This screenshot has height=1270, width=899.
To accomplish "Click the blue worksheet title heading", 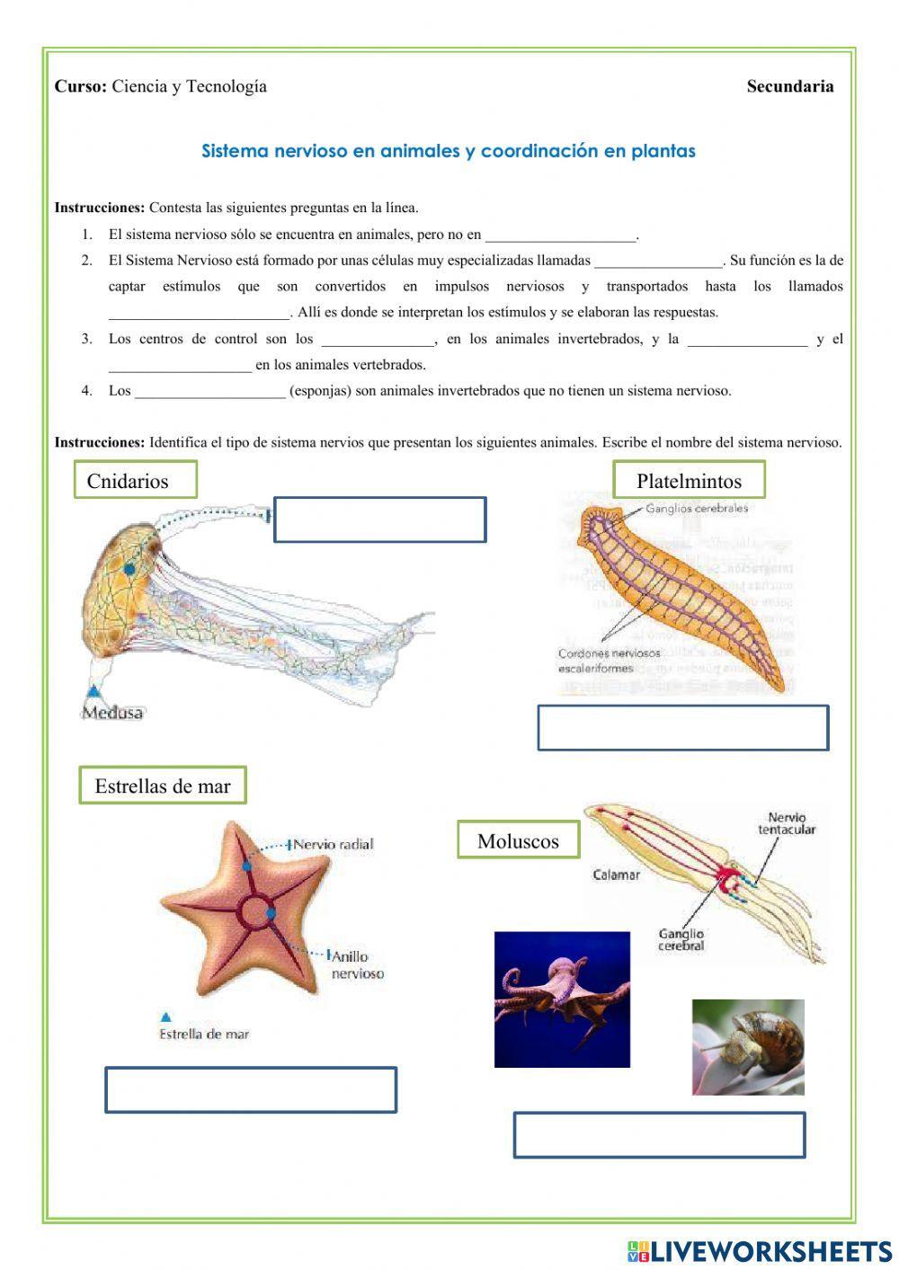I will [x=448, y=151].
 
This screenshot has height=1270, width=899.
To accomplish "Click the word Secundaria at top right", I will [x=789, y=86].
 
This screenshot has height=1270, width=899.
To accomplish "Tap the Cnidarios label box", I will [x=135, y=480].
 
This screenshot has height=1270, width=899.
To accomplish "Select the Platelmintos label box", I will [x=689, y=480].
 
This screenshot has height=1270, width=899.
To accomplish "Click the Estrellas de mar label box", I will [x=162, y=786].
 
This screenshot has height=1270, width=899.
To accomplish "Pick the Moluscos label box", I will [x=518, y=841].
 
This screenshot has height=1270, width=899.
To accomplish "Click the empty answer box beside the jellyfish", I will [x=379, y=520].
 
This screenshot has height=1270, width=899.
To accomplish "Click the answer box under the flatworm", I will [x=682, y=728].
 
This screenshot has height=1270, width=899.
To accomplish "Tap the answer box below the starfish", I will [x=251, y=1089].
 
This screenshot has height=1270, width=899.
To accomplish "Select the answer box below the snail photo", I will [x=659, y=1135].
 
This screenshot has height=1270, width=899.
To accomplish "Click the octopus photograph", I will [x=562, y=999].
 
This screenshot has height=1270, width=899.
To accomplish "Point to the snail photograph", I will [x=747, y=1047].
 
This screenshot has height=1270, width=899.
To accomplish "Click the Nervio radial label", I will [x=332, y=844].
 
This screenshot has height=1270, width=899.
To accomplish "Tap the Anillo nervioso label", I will [x=357, y=964].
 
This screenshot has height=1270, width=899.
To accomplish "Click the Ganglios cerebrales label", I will [x=696, y=508].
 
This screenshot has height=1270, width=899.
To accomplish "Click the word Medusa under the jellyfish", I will [x=112, y=713].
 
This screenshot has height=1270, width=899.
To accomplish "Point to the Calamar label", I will [x=616, y=874].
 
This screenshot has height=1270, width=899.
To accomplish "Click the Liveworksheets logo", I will [x=759, y=1250].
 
